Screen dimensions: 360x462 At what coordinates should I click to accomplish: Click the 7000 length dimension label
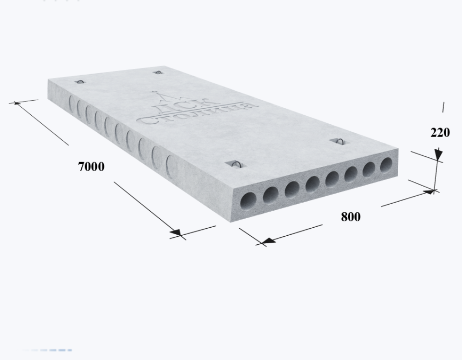tap(91, 167)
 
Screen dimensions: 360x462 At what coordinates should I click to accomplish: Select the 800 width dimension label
tap(351, 217)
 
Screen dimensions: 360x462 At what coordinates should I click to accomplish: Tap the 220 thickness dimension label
tap(440, 133)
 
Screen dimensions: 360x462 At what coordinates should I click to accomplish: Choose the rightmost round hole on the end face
tap(386, 165)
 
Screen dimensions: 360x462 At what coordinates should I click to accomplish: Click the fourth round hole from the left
tap(312, 184)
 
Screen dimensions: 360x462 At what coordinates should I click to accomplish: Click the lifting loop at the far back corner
tap(158, 72)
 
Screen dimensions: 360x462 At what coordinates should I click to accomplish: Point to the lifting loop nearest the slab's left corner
tap(80, 82)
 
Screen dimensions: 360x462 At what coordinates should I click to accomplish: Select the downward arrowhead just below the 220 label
tap(438, 154)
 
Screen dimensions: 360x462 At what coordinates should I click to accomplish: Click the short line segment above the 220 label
tap(443, 107)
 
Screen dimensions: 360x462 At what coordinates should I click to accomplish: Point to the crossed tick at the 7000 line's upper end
tap(17, 102)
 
